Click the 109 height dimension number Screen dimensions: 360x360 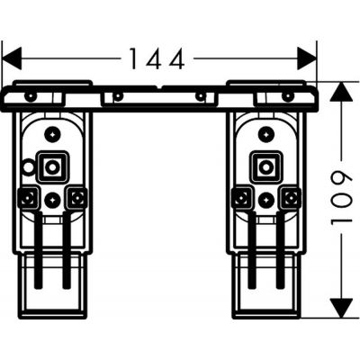tap(341, 198)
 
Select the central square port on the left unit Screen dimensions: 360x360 tap(53, 166)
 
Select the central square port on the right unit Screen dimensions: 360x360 tap(265, 166)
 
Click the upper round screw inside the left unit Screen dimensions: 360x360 tap(53, 134)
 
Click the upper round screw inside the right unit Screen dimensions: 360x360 tap(265, 134)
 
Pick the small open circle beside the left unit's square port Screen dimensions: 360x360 tap(29, 166)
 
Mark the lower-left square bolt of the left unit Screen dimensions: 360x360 tap(30, 197)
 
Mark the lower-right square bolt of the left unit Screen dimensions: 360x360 tap(76, 197)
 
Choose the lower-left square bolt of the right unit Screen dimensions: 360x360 tap(242, 197)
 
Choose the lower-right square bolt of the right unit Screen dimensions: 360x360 tap(289, 197)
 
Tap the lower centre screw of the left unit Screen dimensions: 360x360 tap(53, 200)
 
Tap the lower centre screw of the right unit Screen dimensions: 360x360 tap(265, 200)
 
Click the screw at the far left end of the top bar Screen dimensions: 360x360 tap(31, 95)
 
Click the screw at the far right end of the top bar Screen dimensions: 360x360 tap(288, 95)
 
